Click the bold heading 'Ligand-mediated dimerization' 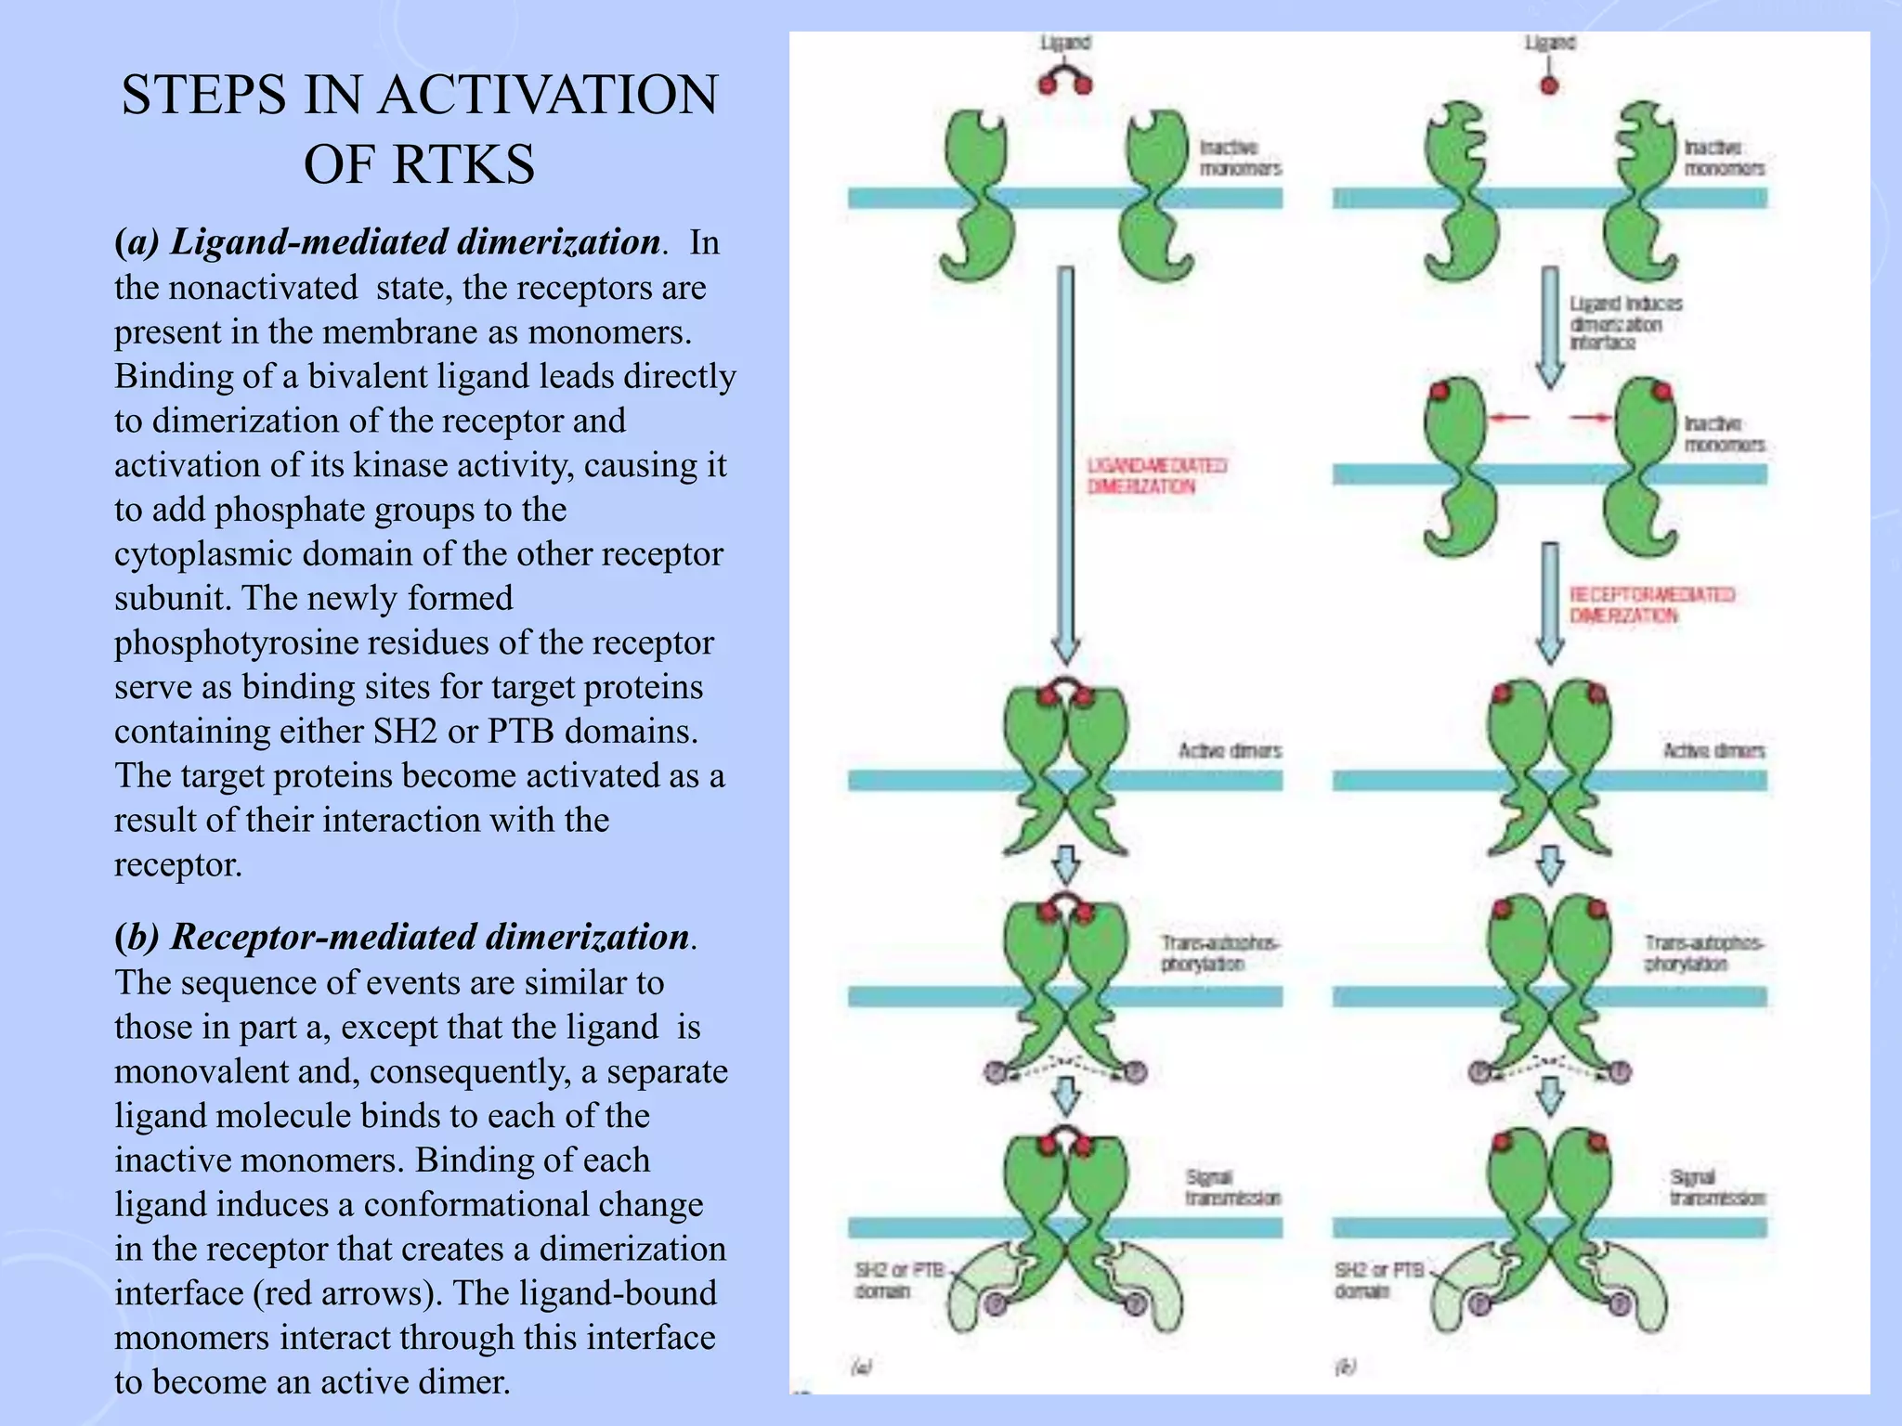415,241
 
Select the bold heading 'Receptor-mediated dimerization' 430,937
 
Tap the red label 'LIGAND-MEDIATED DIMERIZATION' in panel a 1156,475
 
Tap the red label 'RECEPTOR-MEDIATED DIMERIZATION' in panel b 1651,604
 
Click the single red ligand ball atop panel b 1549,85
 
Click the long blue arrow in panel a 1066,464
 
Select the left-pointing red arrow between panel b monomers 1508,419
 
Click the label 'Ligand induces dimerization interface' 1625,323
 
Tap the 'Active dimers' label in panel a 1230,750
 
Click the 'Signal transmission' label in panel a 1232,1187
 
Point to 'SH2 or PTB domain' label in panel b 1378,1280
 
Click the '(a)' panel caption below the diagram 861,1366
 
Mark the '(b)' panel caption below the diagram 1346,1366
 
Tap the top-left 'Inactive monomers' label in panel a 1240,158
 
